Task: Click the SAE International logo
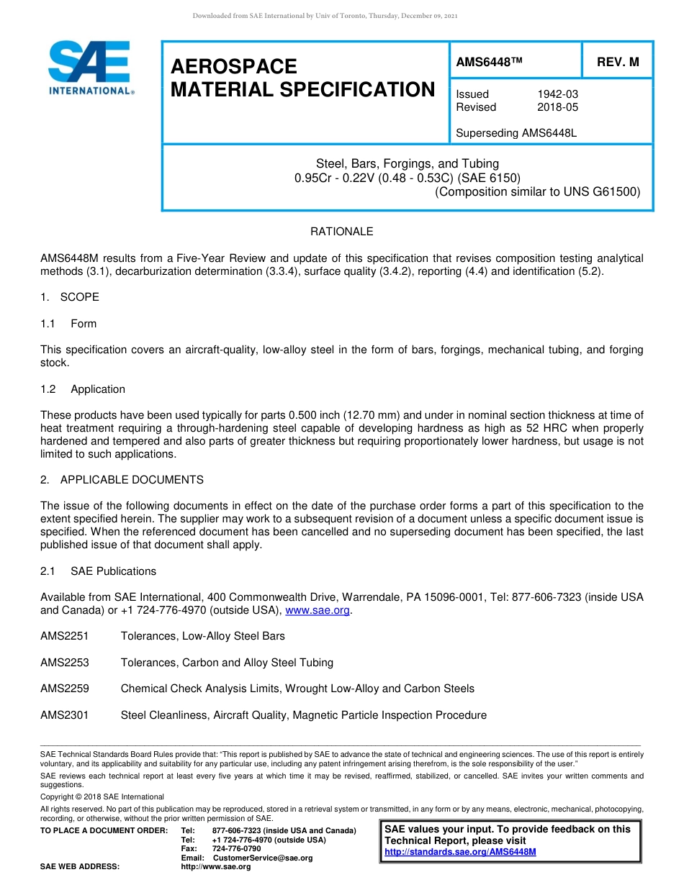(90, 68)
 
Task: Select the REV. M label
(618, 63)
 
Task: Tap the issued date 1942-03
(557, 94)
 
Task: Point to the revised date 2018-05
(557, 107)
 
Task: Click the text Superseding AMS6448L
(516, 133)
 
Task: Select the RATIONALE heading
(341, 232)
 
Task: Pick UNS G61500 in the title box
(603, 191)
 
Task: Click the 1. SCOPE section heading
(70, 297)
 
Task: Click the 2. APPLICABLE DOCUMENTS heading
(122, 480)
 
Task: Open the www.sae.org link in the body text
(318, 610)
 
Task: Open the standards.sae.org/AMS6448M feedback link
(460, 852)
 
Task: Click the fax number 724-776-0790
(237, 849)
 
